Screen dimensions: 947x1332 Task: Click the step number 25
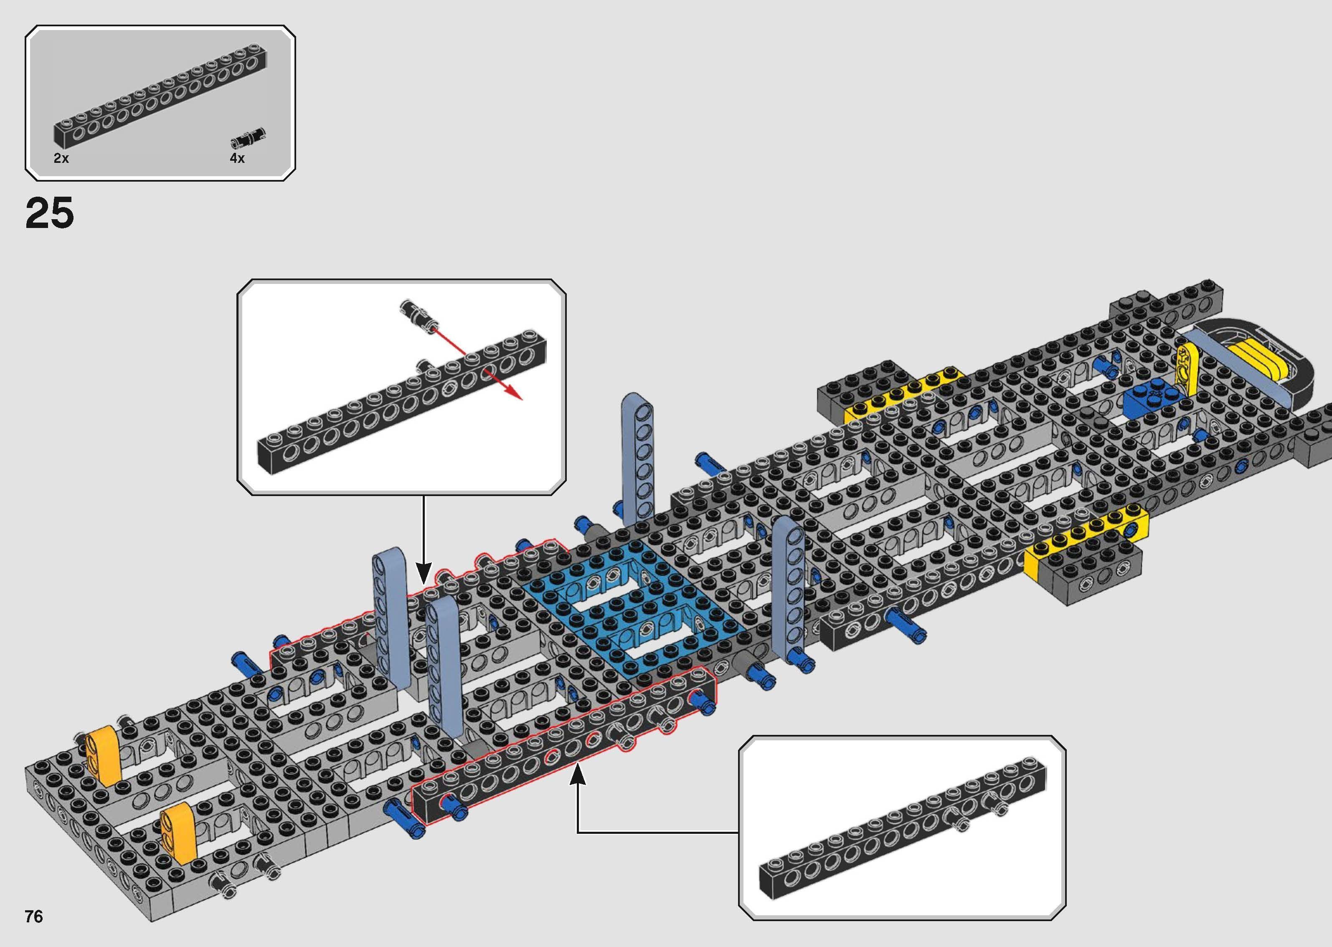coord(50,213)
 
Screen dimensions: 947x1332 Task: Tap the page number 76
coord(34,917)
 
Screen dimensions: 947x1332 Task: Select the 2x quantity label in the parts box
coord(61,158)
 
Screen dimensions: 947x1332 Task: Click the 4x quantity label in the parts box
coord(237,158)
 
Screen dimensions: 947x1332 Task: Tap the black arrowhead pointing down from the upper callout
coord(424,572)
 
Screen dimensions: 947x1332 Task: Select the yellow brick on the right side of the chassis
coord(1085,537)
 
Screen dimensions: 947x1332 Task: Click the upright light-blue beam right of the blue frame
coord(789,589)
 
